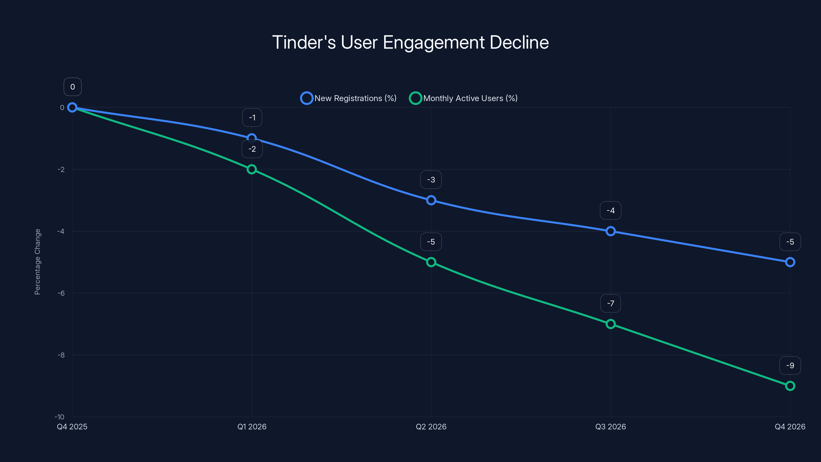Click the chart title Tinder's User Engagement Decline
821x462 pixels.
click(410, 42)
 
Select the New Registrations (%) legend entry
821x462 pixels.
click(349, 98)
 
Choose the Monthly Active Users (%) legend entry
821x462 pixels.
click(463, 98)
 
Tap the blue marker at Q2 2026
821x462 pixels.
click(431, 200)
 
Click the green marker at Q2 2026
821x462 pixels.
click(431, 262)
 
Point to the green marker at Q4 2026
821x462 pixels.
click(790, 386)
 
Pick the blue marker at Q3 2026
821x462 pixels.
click(610, 231)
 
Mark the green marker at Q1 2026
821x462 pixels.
click(251, 169)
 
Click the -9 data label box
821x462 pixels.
click(790, 365)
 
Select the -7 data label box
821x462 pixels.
click(610, 303)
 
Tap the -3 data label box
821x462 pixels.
click(431, 180)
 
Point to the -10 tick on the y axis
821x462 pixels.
click(60, 417)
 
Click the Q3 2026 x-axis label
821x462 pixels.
click(610, 427)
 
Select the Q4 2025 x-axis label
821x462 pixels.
click(72, 427)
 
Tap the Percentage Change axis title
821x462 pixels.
click(37, 262)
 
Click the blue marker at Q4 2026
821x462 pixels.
click(790, 262)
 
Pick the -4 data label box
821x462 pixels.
click(610, 210)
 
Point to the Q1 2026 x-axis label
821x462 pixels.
click(252, 427)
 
